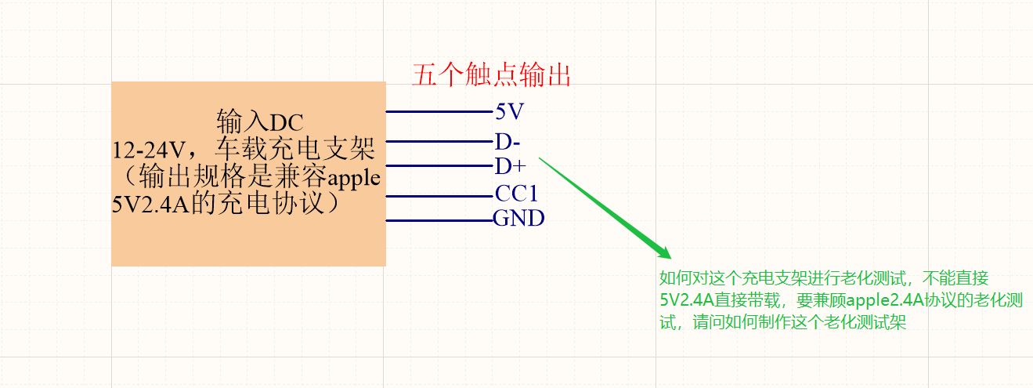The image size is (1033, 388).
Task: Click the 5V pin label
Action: click(509, 112)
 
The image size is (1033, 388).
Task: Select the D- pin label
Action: click(507, 142)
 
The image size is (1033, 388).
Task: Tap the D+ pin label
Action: click(510, 166)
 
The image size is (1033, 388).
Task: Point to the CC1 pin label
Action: click(516, 194)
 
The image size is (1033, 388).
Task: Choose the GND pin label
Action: click(518, 219)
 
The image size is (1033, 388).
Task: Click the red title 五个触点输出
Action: click(491, 75)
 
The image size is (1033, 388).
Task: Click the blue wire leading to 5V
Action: click(439, 112)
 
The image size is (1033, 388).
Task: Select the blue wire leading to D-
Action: click(439, 142)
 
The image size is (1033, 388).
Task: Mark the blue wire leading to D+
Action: click(439, 166)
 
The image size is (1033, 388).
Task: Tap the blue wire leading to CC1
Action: click(439, 196)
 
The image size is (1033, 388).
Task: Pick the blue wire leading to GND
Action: click(439, 220)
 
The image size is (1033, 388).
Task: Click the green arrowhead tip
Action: click(669, 256)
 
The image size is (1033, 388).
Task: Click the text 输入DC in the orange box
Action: click(259, 122)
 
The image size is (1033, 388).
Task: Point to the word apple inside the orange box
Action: click(353, 178)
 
